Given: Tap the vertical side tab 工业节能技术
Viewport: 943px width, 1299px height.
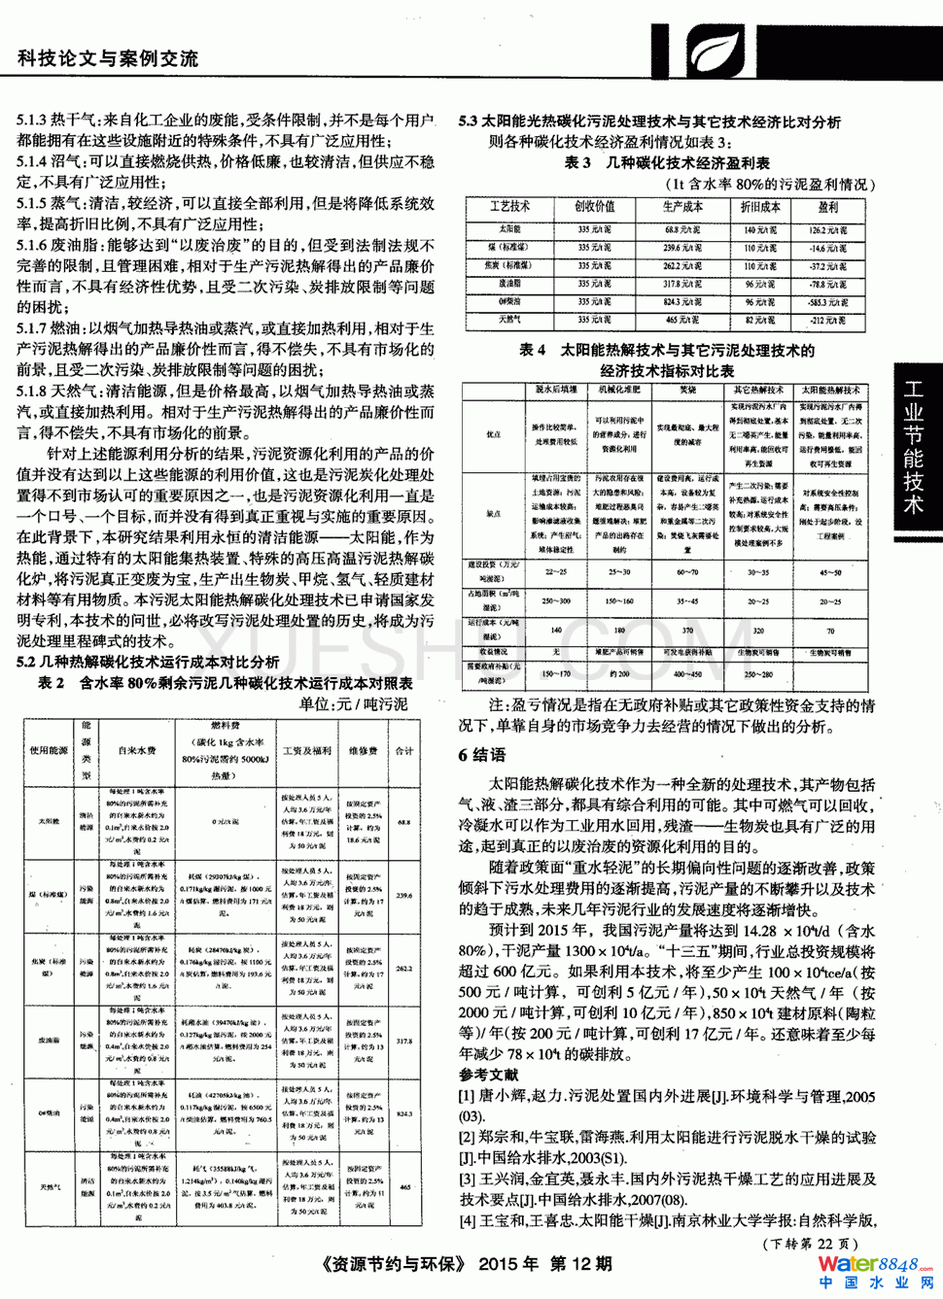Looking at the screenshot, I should [913, 446].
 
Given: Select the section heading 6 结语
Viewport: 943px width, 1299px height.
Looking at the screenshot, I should [482, 755].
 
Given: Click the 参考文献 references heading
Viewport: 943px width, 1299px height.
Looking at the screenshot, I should [489, 1075].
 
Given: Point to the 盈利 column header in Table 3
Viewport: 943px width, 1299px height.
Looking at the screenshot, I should [828, 207].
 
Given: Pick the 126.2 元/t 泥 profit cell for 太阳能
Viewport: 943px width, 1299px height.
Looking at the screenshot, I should [828, 230].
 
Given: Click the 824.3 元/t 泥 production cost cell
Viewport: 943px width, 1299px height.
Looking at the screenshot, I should [683, 302].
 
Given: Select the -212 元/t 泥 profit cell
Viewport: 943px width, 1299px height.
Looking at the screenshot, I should [828, 320].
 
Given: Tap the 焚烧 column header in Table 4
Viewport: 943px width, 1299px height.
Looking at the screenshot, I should [687, 390].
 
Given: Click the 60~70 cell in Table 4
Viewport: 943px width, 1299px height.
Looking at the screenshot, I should [687, 572].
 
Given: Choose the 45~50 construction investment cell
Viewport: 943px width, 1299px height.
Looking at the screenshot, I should [830, 572].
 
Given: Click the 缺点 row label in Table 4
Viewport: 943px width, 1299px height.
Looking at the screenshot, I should [494, 514].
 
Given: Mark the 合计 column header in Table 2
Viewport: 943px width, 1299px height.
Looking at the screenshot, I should [404, 751].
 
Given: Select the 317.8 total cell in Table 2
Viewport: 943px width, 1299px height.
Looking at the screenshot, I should [404, 1041].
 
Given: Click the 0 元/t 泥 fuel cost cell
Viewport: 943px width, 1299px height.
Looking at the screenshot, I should [226, 822].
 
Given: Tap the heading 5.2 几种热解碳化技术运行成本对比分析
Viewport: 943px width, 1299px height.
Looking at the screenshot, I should [148, 662].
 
